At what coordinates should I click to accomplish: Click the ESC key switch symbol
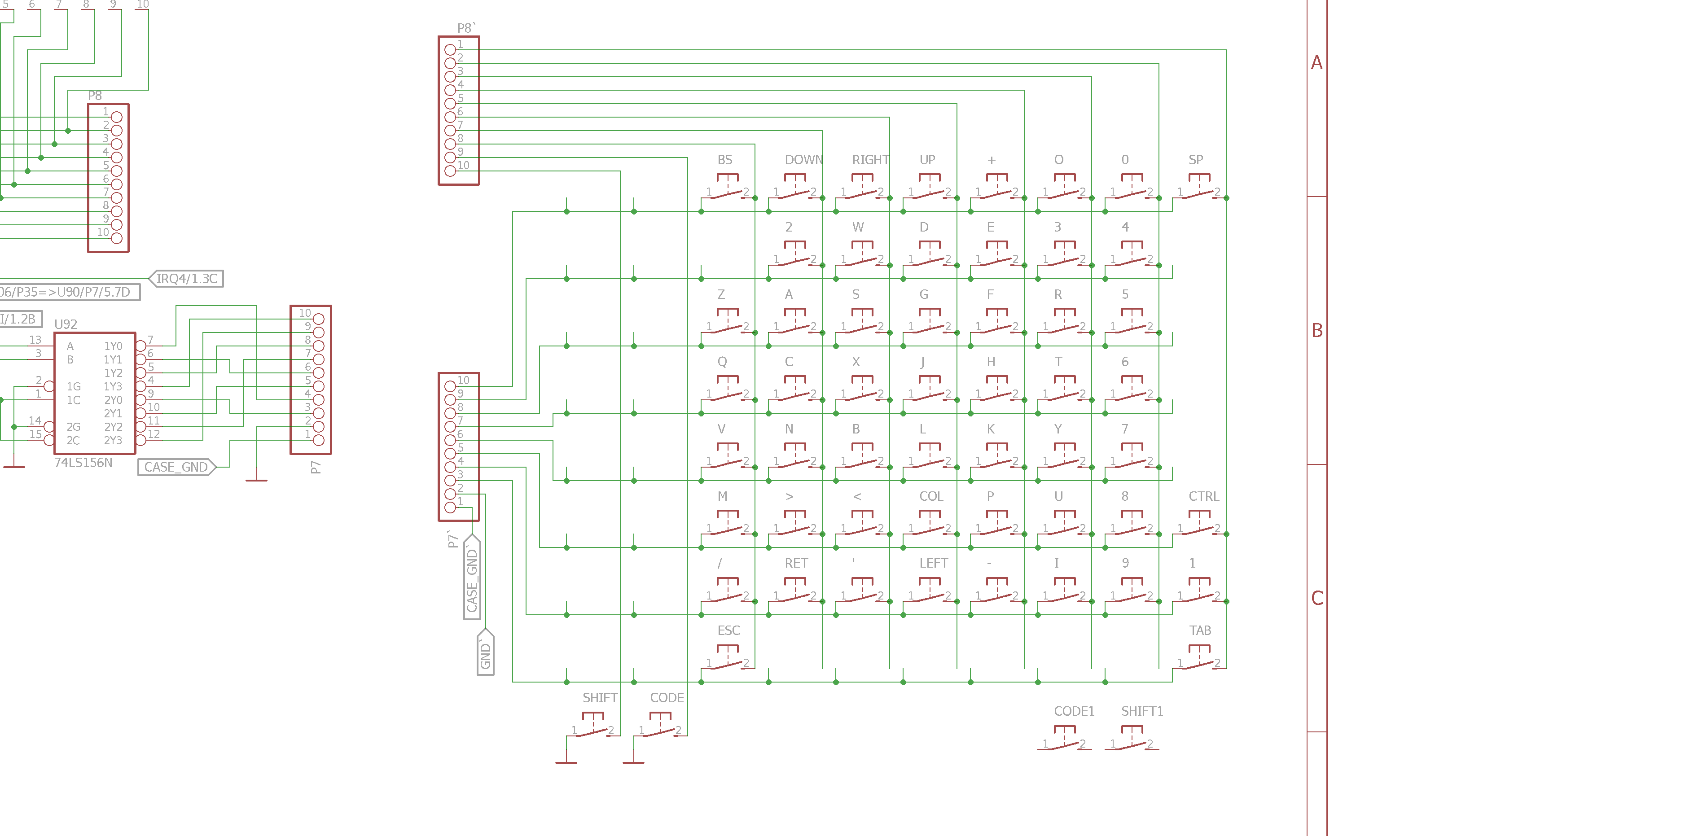point(728,658)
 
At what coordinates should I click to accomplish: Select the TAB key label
point(1200,630)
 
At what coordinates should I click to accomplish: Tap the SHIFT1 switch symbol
point(1132,739)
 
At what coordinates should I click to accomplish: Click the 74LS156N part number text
point(83,463)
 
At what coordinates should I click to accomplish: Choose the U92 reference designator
point(66,324)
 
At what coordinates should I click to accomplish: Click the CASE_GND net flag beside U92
point(176,467)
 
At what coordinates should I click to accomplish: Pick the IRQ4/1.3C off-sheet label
point(186,279)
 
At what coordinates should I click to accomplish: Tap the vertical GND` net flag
point(485,653)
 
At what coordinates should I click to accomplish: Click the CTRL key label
point(1203,496)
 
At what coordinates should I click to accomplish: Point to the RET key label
point(796,563)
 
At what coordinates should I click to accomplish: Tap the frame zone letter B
point(1317,330)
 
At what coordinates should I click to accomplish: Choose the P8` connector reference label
point(466,28)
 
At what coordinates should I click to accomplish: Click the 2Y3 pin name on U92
point(113,440)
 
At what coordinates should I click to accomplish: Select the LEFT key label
point(934,563)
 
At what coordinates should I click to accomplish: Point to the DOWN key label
point(803,160)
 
